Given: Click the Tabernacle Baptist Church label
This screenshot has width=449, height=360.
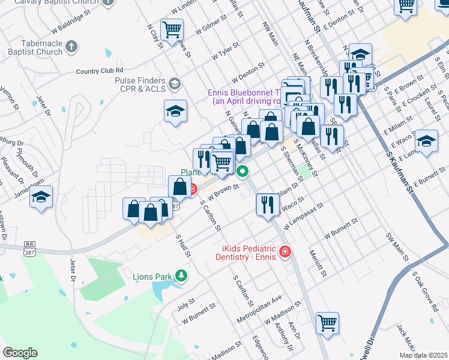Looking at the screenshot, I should [x=33, y=47].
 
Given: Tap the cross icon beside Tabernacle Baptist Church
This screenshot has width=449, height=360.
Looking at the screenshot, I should [x=71, y=46].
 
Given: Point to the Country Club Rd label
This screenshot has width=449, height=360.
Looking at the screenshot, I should [x=99, y=71].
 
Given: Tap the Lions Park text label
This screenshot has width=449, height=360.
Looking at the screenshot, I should [x=152, y=277].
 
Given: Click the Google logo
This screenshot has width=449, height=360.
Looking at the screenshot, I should [x=20, y=353].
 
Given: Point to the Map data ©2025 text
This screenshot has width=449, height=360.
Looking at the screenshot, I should [x=423, y=355].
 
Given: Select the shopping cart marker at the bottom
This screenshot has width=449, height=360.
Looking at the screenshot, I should [x=328, y=323].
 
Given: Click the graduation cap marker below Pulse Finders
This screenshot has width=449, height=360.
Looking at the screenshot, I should [x=176, y=110].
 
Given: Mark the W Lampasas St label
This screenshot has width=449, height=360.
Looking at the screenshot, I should [x=305, y=215].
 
